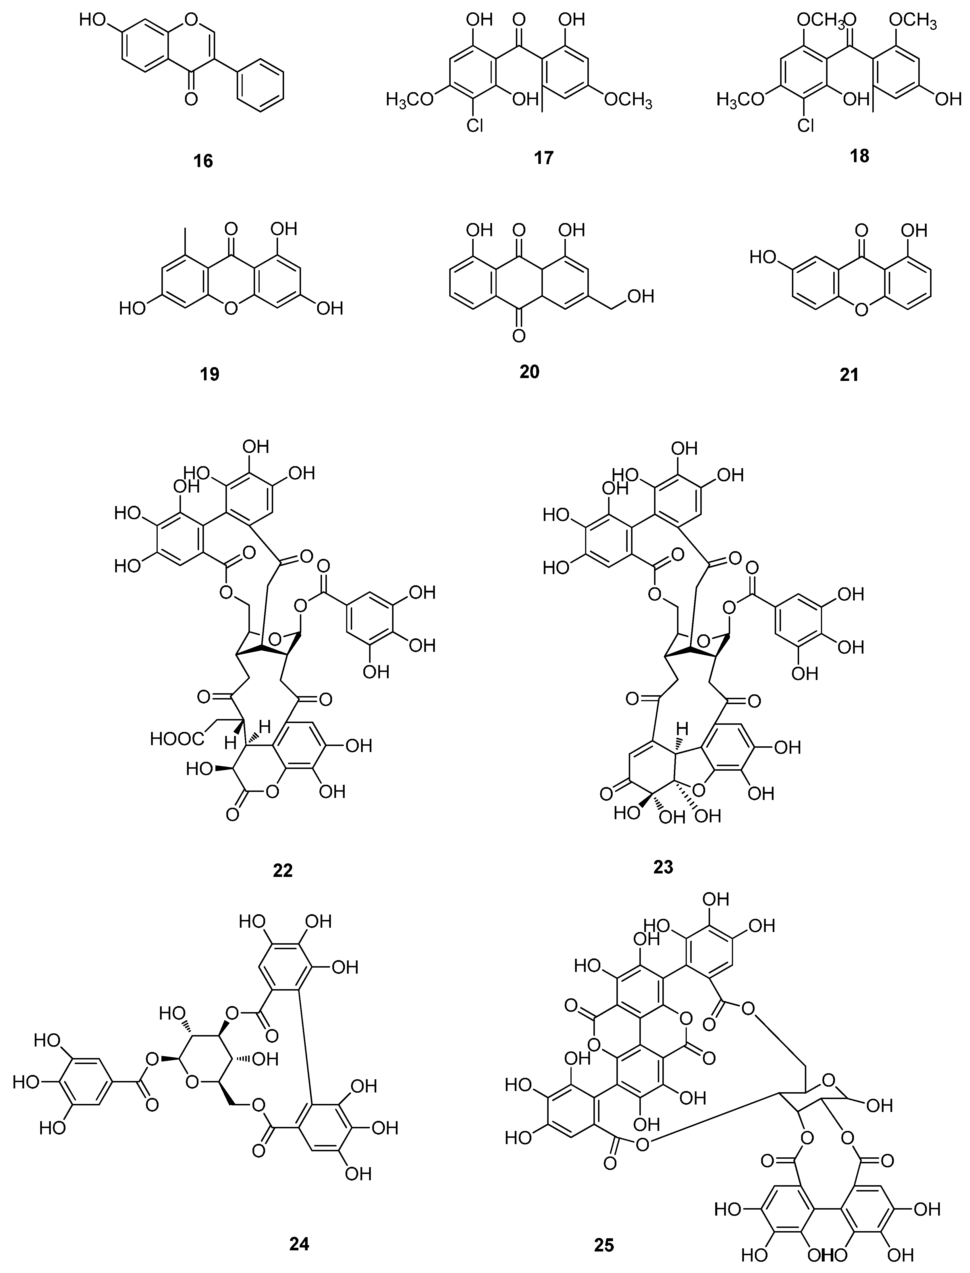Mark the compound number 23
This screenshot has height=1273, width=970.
click(x=663, y=866)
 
